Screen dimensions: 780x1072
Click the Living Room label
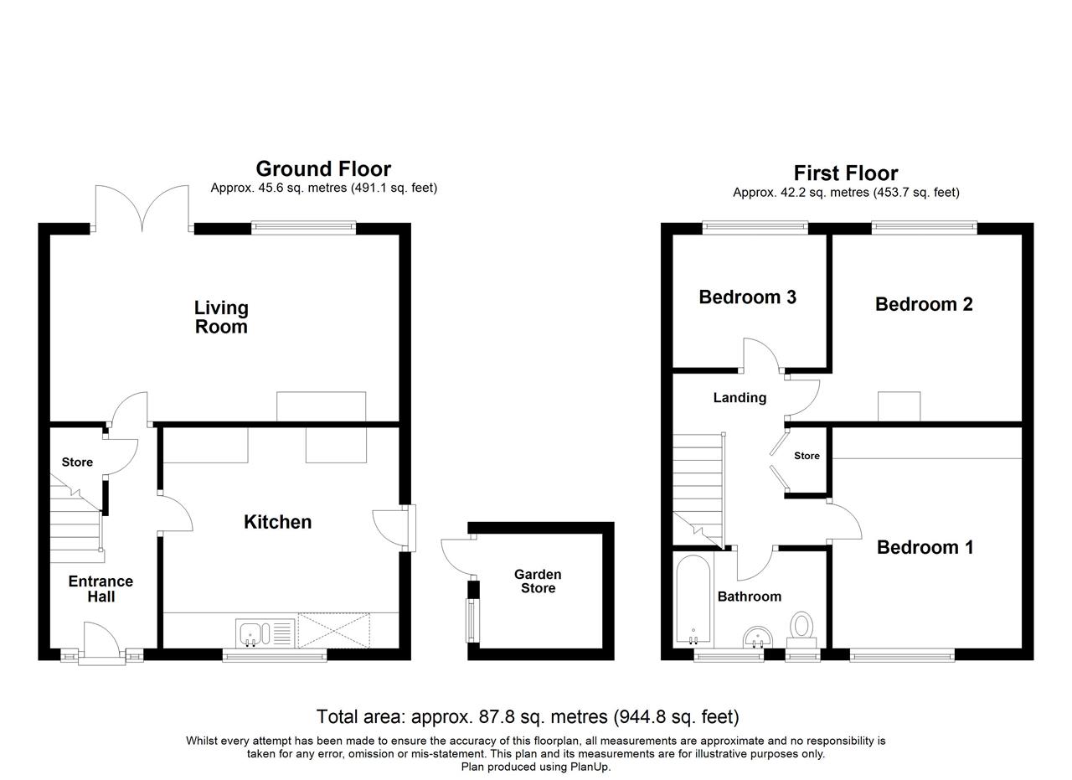point(221,318)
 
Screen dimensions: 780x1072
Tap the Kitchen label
point(277,522)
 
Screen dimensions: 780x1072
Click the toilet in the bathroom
point(801,629)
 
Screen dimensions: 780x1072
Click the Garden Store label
point(538,581)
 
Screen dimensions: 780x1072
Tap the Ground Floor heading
point(323,169)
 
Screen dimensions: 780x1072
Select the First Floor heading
point(845,173)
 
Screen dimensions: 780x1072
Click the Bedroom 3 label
point(747,297)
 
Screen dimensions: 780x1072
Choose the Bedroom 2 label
point(924,304)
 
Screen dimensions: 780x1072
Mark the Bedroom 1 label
point(925,547)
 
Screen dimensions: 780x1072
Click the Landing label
point(740,398)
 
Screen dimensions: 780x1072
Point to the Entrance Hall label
point(100,589)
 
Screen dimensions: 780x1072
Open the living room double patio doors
point(142,209)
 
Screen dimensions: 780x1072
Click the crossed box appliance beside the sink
point(333,631)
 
